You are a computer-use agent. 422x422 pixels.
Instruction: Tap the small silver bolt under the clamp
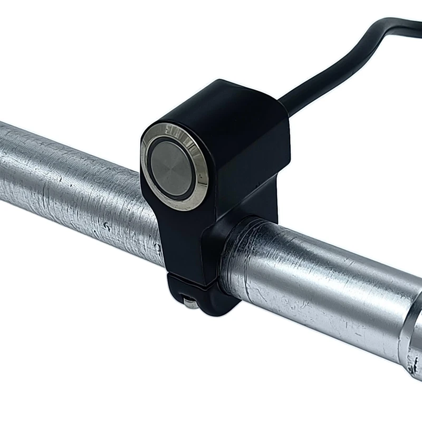click(x=188, y=301)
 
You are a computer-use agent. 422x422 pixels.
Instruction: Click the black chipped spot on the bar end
click(x=417, y=364)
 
